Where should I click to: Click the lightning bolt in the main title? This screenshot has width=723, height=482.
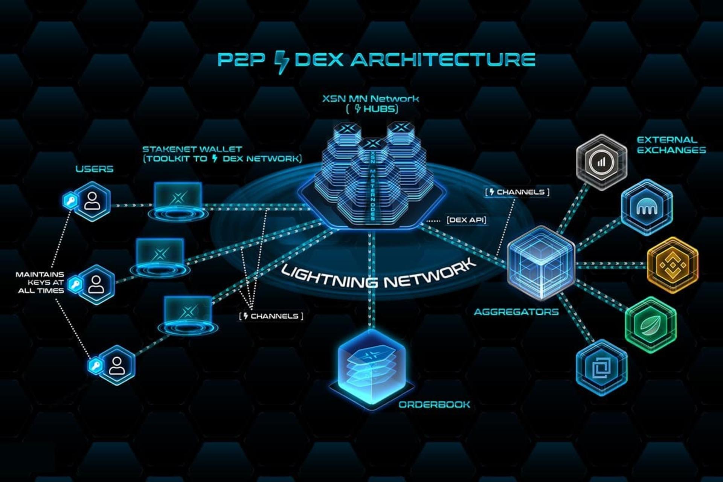[x=281, y=62]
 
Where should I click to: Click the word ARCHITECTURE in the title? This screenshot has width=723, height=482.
[x=443, y=59]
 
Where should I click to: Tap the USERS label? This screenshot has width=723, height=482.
[x=94, y=169]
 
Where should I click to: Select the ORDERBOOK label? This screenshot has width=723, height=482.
[x=434, y=404]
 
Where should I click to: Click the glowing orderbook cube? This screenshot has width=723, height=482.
[x=371, y=367]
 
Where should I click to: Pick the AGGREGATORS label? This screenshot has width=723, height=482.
[x=516, y=312]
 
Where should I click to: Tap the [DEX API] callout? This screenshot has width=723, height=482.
[x=466, y=220]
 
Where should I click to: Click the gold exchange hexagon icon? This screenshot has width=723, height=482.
[x=673, y=265]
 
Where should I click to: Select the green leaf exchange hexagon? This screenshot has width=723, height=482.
[x=651, y=325]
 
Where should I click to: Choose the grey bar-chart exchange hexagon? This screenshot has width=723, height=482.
[x=601, y=162]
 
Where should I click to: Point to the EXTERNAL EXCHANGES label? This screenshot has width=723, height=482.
[x=671, y=145]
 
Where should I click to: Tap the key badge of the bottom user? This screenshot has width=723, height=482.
[x=95, y=365]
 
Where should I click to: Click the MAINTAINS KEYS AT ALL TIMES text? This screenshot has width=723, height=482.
[x=40, y=282]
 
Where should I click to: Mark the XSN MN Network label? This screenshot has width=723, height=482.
[x=371, y=99]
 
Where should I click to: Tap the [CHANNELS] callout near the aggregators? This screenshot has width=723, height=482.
[x=517, y=192]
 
